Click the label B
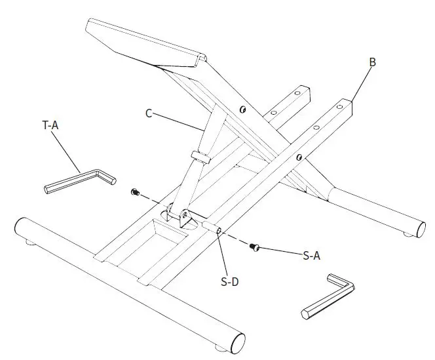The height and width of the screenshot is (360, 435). [x=371, y=62]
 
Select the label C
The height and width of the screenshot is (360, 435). [x=149, y=113]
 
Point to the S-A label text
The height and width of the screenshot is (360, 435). [x=311, y=256]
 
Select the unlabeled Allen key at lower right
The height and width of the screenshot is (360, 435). [x=328, y=296]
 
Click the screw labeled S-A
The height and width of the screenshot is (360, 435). [x=255, y=247]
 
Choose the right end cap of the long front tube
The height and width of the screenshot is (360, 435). [x=237, y=342]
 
